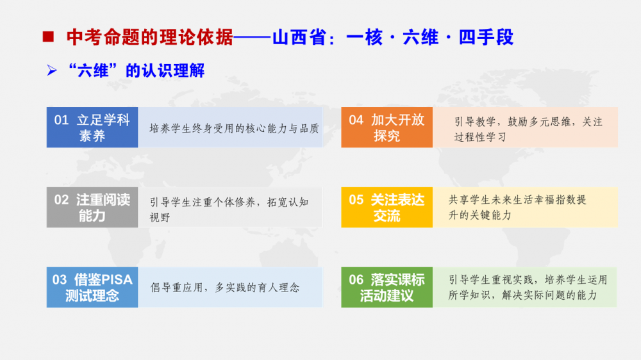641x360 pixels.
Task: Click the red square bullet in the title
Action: [48, 37]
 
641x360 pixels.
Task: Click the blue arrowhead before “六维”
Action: [51, 70]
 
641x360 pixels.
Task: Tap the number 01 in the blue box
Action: [62, 120]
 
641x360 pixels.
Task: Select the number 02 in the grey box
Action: [62, 199]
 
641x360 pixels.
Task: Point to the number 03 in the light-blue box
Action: [59, 279]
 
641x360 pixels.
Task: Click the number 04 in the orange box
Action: [356, 120]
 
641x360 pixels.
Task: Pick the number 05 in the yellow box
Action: [356, 199]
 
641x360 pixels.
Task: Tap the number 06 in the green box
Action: [356, 279]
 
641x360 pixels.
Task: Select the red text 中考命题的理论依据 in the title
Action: [149, 37]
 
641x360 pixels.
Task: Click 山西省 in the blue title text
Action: [299, 37]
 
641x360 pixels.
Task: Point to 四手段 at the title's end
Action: [486, 37]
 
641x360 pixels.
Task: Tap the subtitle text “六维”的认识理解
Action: [136, 70]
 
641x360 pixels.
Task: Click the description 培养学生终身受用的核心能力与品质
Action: [234, 128]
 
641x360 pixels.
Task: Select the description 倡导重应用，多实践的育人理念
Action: [225, 287]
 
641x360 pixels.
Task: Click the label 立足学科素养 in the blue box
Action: [104, 127]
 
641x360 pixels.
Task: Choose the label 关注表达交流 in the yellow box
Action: [397, 208]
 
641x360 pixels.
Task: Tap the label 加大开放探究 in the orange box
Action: [397, 127]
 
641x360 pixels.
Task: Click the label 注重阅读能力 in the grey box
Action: [103, 208]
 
